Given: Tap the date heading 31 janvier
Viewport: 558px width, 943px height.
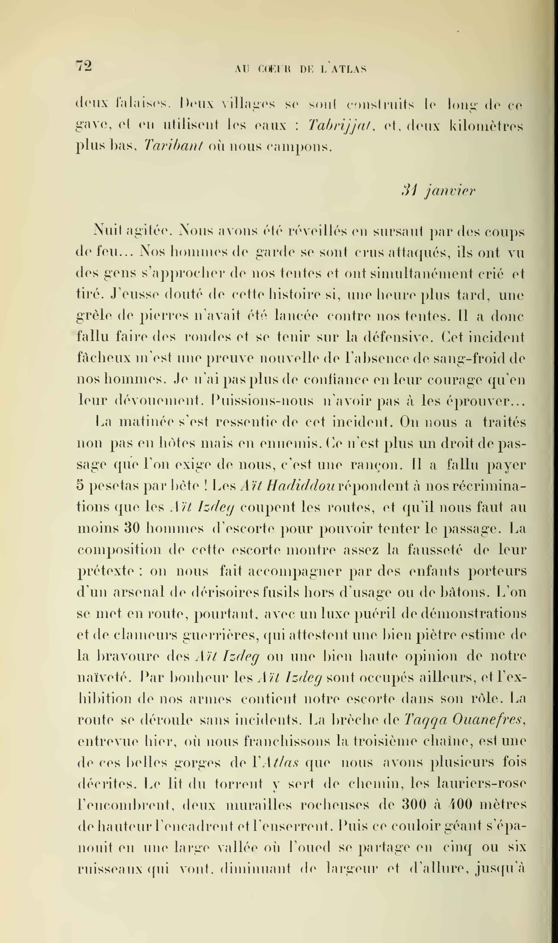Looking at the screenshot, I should coord(438,191).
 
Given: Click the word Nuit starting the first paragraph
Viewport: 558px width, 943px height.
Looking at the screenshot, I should coord(106,230).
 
